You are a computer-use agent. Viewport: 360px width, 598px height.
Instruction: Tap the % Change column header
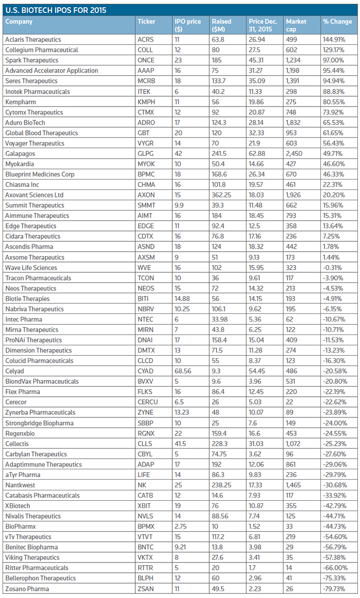click(x=337, y=22)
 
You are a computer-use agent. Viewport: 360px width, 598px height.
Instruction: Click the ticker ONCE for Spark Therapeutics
click(x=146, y=60)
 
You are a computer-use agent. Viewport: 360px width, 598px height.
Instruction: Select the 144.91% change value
click(x=334, y=40)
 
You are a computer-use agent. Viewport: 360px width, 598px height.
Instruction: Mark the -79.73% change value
click(x=334, y=588)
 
